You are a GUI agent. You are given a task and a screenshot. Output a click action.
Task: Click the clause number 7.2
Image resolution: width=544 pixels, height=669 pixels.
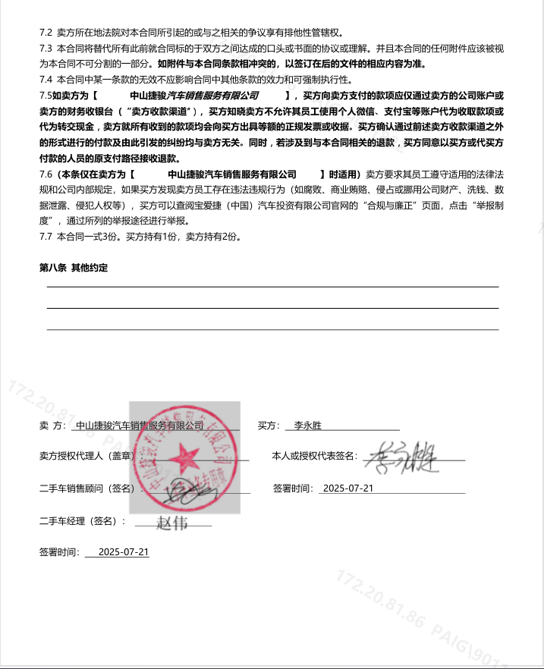(x=46, y=33)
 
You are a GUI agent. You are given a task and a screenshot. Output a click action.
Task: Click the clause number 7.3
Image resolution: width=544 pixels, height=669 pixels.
(x=46, y=49)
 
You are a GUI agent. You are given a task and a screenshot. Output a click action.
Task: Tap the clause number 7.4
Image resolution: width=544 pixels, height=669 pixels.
(x=46, y=80)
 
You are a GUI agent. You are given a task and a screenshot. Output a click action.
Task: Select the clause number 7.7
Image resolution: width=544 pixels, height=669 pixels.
(x=46, y=237)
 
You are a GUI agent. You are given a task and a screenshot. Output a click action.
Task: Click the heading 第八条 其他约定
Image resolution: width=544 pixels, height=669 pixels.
(x=74, y=268)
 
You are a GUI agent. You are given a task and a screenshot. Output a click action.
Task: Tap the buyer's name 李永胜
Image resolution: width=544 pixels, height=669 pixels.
(x=308, y=426)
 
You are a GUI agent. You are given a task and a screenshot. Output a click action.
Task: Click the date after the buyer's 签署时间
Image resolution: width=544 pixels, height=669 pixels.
(x=347, y=488)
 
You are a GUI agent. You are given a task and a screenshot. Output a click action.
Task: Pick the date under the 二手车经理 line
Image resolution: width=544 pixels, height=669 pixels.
(x=124, y=552)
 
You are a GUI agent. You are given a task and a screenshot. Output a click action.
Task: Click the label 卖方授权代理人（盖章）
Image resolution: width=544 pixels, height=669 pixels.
(x=86, y=457)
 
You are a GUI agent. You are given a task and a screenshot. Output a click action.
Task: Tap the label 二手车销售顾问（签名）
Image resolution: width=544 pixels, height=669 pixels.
(x=86, y=488)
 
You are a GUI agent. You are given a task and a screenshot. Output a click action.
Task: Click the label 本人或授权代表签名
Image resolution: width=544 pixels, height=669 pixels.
(x=314, y=457)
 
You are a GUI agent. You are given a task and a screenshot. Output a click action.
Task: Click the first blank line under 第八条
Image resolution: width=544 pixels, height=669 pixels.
(x=272, y=287)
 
